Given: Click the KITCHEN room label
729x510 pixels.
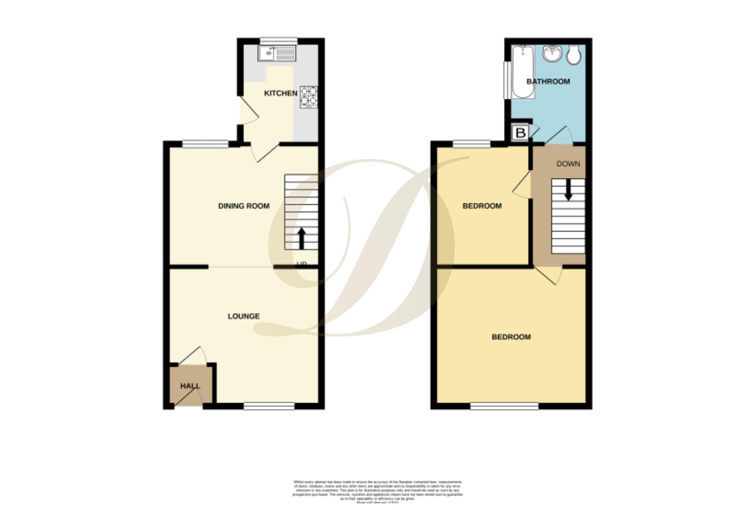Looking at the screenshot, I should point(280,93).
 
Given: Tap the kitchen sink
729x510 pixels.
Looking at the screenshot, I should point(276,53).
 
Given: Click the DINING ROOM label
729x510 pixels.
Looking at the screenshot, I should point(243,206).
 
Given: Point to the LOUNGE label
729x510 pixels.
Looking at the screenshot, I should point(243,316).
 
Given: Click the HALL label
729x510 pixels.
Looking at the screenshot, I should point(190,386).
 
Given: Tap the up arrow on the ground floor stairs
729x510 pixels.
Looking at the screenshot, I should point(301,238).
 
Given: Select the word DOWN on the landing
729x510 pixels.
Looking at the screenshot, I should point(568,164).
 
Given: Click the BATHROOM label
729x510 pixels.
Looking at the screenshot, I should point(548,81).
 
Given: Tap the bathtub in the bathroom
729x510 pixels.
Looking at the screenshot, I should point(523,72).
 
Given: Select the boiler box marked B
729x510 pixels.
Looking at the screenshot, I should point(521,133).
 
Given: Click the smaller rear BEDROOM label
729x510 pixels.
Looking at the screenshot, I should point(481,206).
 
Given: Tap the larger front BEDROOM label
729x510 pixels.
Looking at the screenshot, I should point(511,337).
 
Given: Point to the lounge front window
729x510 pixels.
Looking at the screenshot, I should point(269,406).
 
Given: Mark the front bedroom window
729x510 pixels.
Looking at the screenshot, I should point(504,406).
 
